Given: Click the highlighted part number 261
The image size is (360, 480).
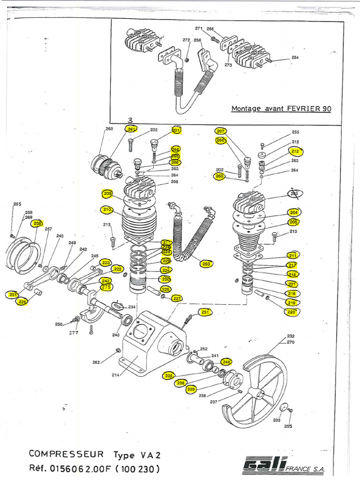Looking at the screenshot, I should pos(131,129).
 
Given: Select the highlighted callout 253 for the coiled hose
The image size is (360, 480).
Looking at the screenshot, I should pos(206,263).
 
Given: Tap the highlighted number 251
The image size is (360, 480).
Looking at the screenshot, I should pos(205,312).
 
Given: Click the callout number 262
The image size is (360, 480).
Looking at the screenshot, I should pos(96,362).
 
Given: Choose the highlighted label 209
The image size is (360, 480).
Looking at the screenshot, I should pos(107,193).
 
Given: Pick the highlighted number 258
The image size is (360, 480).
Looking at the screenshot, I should pos(37,223).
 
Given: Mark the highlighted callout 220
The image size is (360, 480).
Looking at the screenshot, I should pos(292,312).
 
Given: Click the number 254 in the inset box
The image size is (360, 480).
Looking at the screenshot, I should pos(295,58).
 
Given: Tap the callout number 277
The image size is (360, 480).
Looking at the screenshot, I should pos(74,333).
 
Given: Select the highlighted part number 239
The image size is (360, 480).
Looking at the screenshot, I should pos(191,389).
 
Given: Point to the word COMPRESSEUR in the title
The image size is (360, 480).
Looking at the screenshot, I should pos(66,454).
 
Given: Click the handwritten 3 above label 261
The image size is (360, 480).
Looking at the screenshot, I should pos(130,120).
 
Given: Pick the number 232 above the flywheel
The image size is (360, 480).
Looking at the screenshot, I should pos(291,336).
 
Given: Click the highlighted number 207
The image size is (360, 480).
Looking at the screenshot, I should pos(221,131).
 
